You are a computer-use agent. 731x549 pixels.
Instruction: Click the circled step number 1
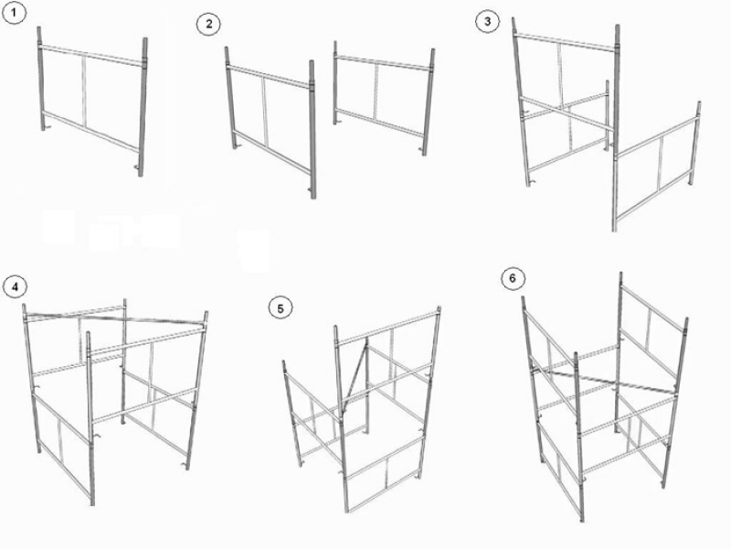click(14, 13)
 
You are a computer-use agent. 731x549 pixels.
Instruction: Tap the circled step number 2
click(208, 24)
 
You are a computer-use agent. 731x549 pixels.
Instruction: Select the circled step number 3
click(487, 21)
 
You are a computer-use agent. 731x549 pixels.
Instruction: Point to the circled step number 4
click(15, 286)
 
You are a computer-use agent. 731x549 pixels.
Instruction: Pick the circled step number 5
click(281, 308)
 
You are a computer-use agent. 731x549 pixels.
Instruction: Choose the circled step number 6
click(513, 279)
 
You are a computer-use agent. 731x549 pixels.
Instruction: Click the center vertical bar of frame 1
click(84, 91)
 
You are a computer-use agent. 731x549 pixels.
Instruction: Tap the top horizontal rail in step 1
click(90, 55)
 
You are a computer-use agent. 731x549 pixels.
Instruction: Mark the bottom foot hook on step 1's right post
click(137, 167)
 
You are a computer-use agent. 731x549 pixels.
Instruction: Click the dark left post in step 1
click(41, 79)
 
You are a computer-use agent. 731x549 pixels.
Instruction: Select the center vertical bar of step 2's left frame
click(265, 111)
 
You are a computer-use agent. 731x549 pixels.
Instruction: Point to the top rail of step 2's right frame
click(383, 63)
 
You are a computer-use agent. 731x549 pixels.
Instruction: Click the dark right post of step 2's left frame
click(313, 129)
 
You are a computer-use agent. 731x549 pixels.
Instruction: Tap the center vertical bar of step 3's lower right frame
click(660, 164)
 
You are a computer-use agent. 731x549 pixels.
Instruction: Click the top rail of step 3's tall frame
click(566, 41)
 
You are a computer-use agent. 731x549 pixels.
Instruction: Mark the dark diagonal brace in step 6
click(605, 381)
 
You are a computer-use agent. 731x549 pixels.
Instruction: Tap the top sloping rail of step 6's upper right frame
click(654, 307)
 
